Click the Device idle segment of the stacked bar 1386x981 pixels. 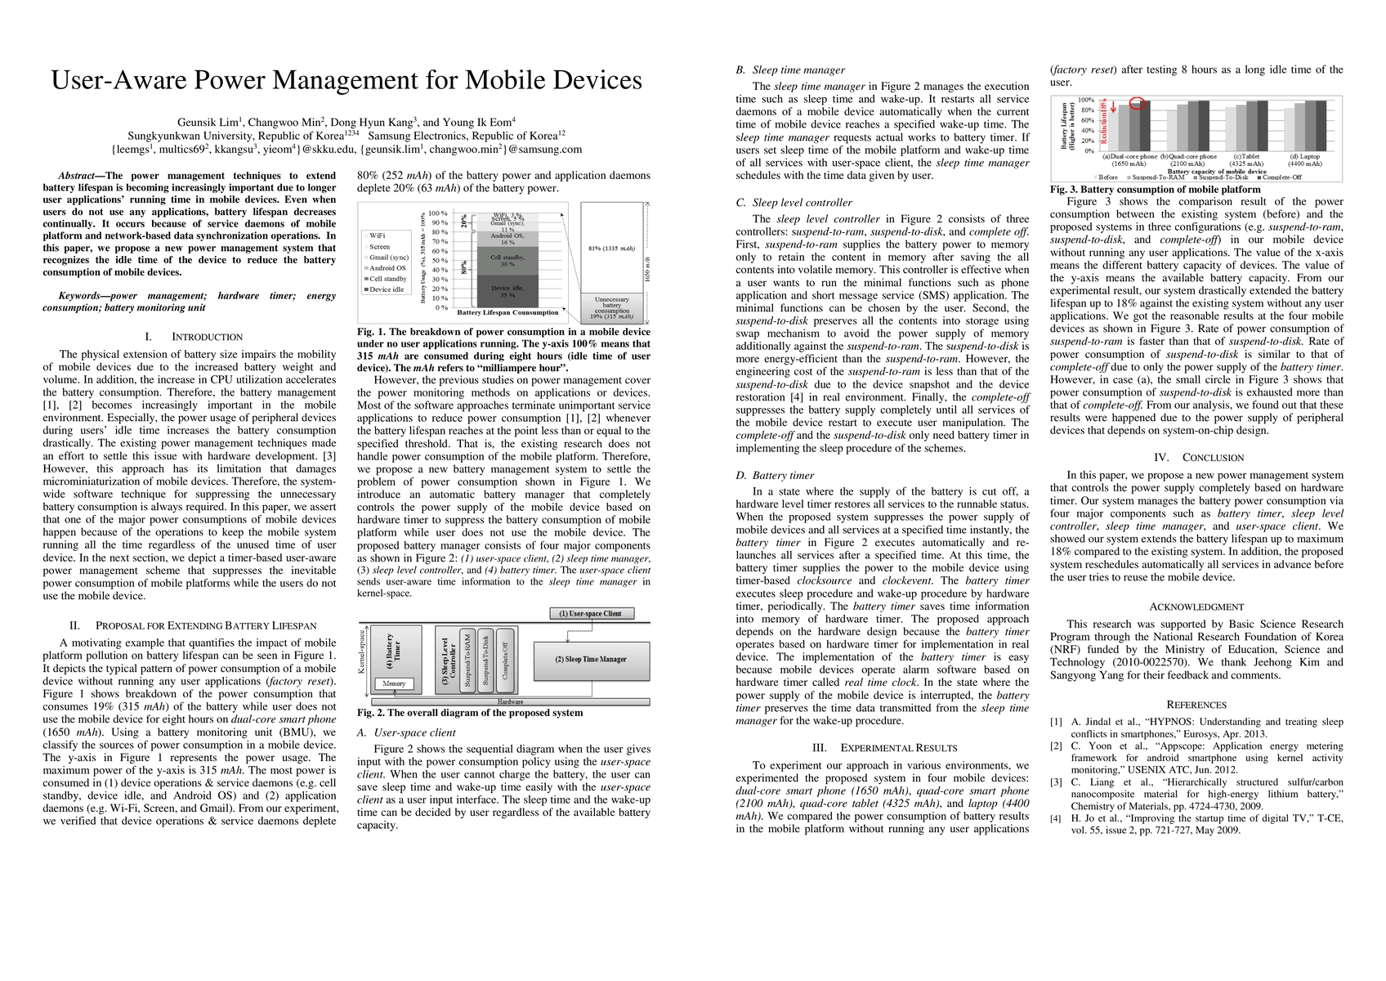[x=507, y=291]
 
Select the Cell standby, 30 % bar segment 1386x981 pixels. [x=507, y=260]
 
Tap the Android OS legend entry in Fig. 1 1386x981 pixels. [x=387, y=268]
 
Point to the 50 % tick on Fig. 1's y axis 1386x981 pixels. [x=439, y=261]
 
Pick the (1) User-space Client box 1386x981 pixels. [x=590, y=613]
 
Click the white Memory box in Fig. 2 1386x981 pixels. [x=393, y=683]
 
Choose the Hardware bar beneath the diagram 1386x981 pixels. [x=510, y=701]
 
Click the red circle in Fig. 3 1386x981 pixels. [x=1137, y=102]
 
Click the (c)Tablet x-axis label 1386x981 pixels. [x=1250, y=156]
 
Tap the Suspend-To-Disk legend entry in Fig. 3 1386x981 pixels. [x=1223, y=177]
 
